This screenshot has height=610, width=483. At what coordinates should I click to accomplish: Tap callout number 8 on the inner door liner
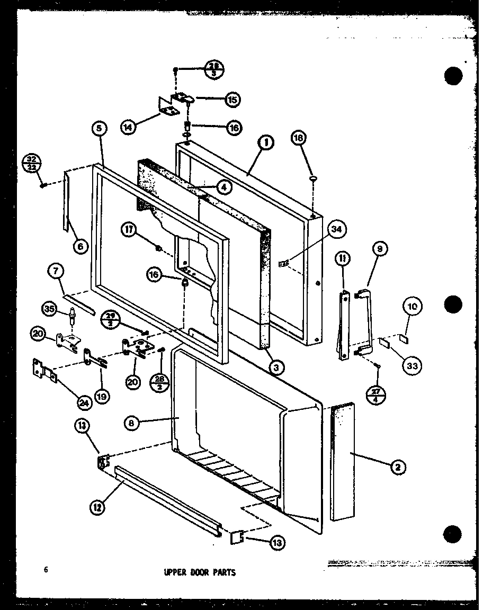coord(132,423)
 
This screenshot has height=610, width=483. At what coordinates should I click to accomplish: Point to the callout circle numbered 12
coord(97,507)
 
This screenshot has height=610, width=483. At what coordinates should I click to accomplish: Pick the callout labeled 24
coord(84,403)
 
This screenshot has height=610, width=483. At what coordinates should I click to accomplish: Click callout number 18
coord(299,138)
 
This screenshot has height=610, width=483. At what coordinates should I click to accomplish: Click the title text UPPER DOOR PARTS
coord(200,572)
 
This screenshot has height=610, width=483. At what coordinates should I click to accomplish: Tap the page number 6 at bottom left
coord(46,570)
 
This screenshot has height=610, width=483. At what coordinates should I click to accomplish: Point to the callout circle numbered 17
coord(130,230)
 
